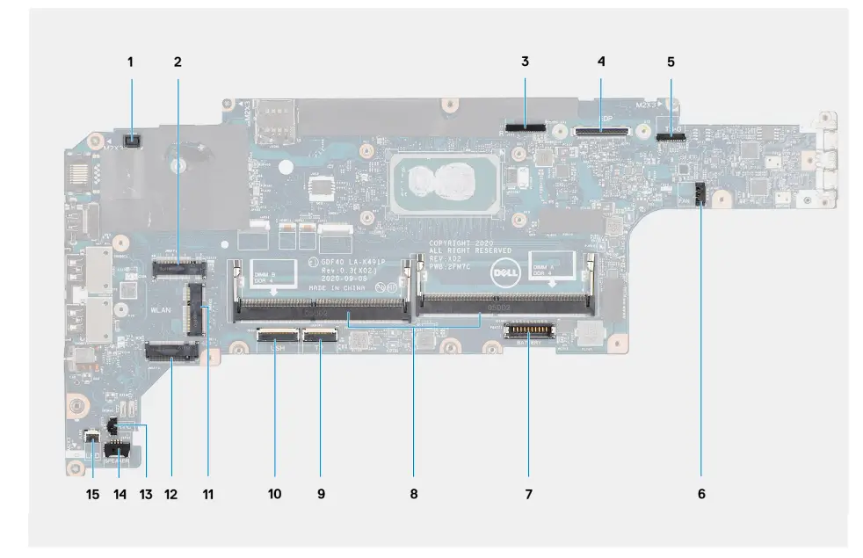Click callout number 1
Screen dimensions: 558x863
tap(130, 62)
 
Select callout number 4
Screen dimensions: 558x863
tap(601, 62)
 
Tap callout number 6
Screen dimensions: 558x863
tap(700, 494)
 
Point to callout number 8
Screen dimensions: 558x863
tap(414, 494)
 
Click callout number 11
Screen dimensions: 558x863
tap(207, 494)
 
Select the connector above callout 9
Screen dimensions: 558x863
tap(320, 334)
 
